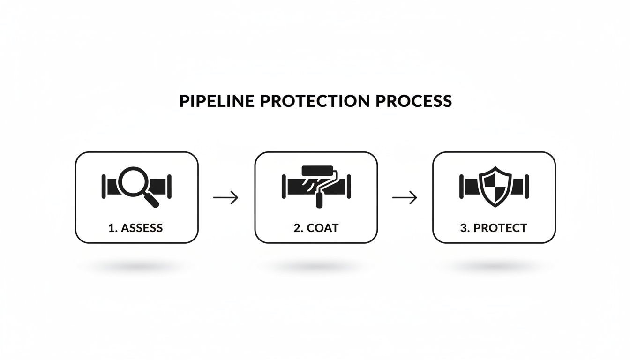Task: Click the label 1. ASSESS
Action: coord(135,228)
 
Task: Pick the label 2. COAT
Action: coord(315,228)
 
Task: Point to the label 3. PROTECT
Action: coord(493,228)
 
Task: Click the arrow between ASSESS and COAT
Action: coord(226,197)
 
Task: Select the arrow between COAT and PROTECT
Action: coord(405,197)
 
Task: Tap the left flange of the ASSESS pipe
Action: coord(103,186)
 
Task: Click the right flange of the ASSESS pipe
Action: coord(169,186)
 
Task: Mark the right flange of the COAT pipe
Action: coord(349,186)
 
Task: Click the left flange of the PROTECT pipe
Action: coord(462,186)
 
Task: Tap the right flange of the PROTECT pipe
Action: coord(527,186)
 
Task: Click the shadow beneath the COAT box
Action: coord(315,266)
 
